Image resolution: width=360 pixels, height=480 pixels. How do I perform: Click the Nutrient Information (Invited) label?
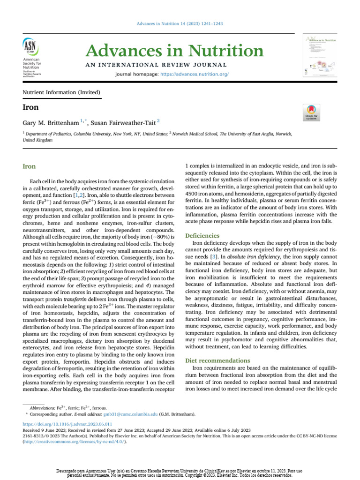point(61,92)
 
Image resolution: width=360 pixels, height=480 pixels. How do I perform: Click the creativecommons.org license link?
point(75,442)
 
